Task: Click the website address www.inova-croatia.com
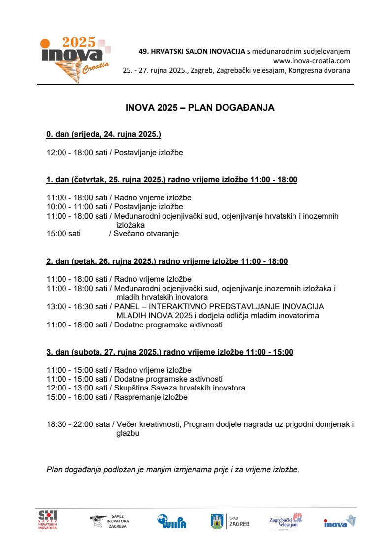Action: click(311, 61)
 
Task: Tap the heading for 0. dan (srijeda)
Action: click(103, 134)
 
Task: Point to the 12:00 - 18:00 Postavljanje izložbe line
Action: click(115, 153)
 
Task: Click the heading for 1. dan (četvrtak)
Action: click(172, 180)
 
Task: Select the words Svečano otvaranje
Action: click(146, 234)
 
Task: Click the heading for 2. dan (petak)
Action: click(167, 261)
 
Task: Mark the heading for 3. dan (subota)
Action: click(169, 352)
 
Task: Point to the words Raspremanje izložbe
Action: click(151, 397)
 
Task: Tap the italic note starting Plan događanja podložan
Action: click(173, 469)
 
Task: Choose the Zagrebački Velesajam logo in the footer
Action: click(286, 521)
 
